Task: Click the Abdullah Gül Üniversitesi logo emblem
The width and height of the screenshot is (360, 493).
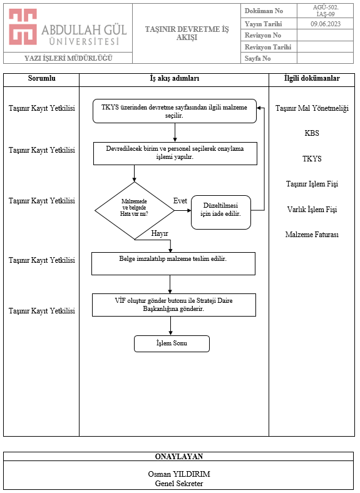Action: [23, 27]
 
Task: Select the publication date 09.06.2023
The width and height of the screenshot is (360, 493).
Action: [326, 24]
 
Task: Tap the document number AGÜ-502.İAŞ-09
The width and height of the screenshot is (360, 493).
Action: [326, 11]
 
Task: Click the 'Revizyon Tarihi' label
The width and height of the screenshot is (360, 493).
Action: [268, 47]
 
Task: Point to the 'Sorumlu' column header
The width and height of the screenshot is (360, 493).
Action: [41, 78]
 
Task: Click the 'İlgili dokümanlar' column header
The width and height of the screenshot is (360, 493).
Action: [312, 78]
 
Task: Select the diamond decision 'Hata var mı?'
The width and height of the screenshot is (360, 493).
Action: [135, 211]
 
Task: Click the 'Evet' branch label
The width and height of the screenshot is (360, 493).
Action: [180, 201]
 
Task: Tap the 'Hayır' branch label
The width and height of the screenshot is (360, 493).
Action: [160, 233]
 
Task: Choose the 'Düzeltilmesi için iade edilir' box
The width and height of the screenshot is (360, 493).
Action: [221, 212]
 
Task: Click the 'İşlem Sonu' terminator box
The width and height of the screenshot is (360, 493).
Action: [172, 343]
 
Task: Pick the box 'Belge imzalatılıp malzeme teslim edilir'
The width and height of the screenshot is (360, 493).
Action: [173, 263]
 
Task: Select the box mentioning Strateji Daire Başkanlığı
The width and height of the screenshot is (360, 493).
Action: [174, 305]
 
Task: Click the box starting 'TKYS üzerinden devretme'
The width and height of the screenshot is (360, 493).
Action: [175, 111]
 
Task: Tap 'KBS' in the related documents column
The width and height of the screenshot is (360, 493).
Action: [312, 133]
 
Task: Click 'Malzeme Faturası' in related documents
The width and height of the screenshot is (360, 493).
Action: [312, 235]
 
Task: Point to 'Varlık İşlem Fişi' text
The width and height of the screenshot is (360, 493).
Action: [312, 210]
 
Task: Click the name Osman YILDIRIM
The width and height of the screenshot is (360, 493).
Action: [179, 474]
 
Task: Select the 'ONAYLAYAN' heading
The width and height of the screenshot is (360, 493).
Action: [179, 457]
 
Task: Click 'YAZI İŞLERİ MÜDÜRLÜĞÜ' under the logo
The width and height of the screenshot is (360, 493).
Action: [68, 58]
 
